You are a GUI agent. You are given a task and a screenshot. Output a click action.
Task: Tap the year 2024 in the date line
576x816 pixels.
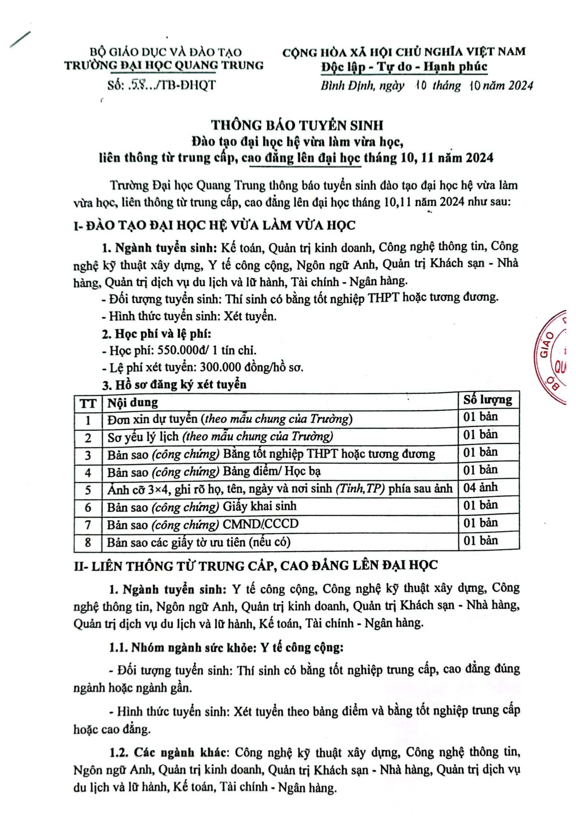(x=520, y=86)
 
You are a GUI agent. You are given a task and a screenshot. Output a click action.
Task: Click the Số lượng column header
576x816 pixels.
(x=487, y=400)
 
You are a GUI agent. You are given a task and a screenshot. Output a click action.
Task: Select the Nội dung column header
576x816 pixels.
(x=132, y=403)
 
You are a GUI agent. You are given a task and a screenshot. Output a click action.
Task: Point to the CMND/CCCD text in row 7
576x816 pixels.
(x=260, y=524)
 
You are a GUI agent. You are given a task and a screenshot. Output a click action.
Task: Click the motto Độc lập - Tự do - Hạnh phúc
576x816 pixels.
(x=404, y=67)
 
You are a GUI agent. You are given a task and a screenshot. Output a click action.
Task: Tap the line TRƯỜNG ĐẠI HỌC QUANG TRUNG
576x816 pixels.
(x=164, y=65)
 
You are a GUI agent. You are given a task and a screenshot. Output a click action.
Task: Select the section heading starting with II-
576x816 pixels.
(x=256, y=565)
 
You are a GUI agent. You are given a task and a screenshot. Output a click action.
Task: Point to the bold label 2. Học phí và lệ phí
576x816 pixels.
(x=156, y=334)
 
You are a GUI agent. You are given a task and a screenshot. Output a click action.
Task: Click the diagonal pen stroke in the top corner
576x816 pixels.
(x=20, y=39)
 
